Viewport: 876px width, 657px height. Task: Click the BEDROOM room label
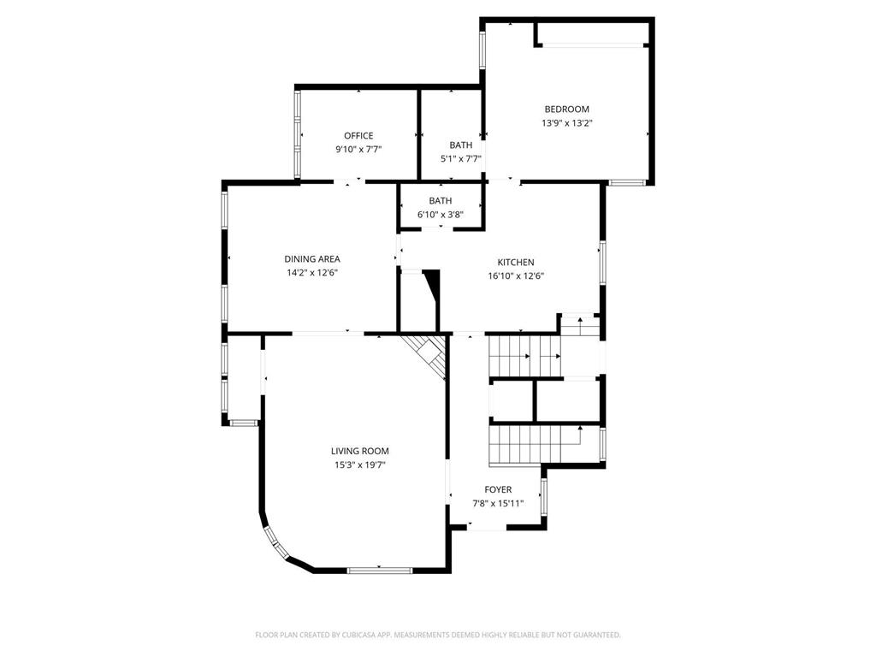[x=566, y=109]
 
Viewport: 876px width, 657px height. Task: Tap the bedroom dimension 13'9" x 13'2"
[x=566, y=122]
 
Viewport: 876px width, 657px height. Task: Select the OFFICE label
[x=358, y=135]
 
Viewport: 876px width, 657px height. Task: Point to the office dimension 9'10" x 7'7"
[x=358, y=149]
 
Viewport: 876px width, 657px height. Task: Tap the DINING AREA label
[x=312, y=258]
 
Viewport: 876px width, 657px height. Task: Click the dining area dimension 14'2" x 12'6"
[x=312, y=272]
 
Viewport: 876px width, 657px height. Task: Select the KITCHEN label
[x=516, y=262]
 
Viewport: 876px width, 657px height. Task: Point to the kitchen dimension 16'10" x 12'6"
[x=516, y=275]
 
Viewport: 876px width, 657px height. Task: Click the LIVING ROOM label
[x=360, y=451]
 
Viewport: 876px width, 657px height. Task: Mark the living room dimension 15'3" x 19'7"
[x=360, y=465]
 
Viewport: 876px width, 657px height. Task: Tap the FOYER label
[x=498, y=489]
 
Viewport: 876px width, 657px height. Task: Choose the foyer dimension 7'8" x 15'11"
[x=498, y=503]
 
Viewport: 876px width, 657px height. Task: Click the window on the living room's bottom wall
[x=379, y=570]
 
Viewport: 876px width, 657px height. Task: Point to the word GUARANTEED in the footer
[x=592, y=635]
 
